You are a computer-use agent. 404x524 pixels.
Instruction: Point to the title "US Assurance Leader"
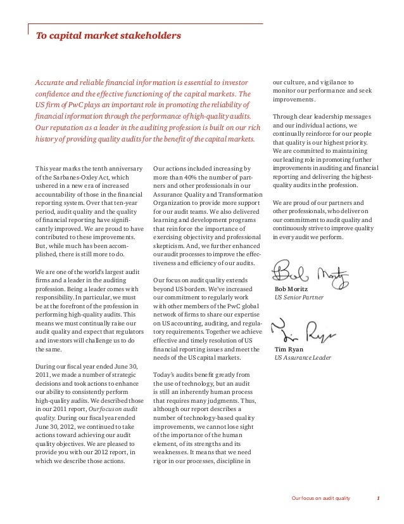pyautogui.click(x=303, y=357)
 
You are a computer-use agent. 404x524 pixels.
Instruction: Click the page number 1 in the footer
pyautogui.click(x=378, y=506)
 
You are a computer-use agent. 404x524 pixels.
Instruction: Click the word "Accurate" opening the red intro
pyautogui.click(x=51, y=82)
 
